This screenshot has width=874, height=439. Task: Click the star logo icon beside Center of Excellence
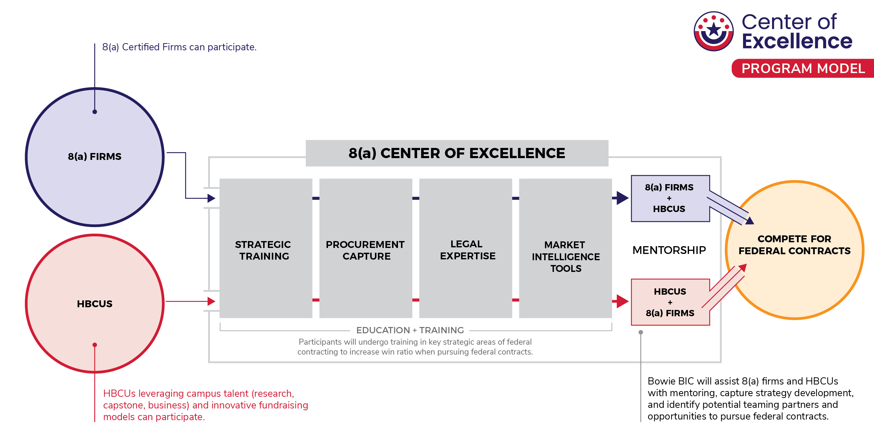[713, 31]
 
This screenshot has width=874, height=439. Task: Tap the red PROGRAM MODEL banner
[803, 68]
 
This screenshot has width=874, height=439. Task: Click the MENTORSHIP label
[669, 250]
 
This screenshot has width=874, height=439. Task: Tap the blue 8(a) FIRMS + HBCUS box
[670, 198]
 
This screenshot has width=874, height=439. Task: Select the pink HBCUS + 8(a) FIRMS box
[670, 302]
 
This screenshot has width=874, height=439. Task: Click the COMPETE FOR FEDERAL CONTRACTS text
[794, 245]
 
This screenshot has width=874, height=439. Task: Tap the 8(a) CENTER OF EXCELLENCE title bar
[457, 153]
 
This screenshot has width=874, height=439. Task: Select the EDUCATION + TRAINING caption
[410, 330]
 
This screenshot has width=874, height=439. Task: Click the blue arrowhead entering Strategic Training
[211, 198]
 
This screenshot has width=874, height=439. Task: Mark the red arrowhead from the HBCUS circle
[211, 301]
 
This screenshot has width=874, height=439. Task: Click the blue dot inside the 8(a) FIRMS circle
[95, 112]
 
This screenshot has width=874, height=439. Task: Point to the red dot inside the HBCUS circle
[95, 345]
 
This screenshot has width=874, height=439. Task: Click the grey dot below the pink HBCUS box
[640, 332]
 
